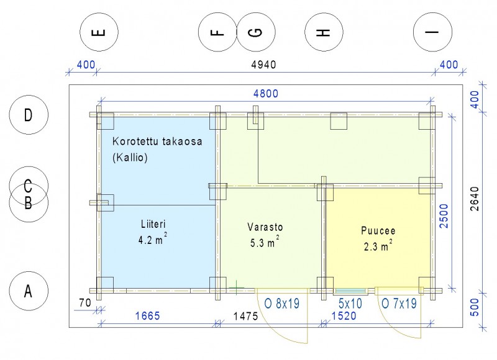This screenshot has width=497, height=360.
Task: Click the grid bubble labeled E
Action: pos(99,32)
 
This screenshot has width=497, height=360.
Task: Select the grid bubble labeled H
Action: pos(324,32)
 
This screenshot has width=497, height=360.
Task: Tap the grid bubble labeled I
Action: pos(432,32)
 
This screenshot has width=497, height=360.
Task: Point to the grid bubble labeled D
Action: pos(29,115)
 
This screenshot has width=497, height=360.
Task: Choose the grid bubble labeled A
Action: pos(29,291)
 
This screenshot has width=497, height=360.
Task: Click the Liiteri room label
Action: pos(153,224)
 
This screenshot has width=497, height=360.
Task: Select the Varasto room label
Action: pos(265,227)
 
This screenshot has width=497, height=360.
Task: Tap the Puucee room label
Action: pos(378,230)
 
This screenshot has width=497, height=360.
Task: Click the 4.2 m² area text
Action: pos(152,239)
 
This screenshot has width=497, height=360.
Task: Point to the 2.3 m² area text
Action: pos(378,245)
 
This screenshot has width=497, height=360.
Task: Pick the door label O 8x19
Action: pos(282,304)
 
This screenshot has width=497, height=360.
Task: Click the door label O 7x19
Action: pos(399,304)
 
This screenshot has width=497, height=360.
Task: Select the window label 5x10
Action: pos(350,304)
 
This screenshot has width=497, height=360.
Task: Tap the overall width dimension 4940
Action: pos(263,65)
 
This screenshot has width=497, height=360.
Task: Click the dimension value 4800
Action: pos(266,93)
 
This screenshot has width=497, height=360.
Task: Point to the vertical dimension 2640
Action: pos(475,199)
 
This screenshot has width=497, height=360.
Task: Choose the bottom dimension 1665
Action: pos(148,316)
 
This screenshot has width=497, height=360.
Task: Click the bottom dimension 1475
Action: pos(245,316)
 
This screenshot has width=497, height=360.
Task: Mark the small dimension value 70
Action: pos(85,303)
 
